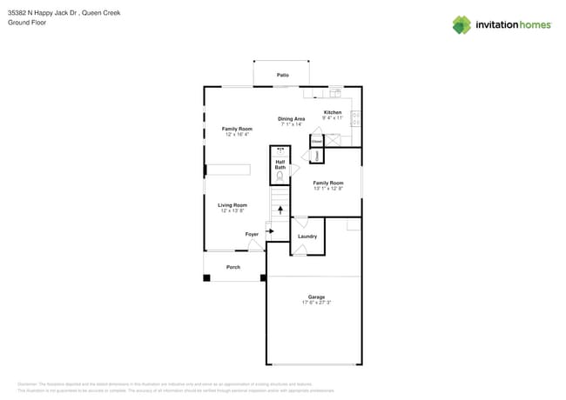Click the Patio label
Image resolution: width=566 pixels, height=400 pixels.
coord(282,76)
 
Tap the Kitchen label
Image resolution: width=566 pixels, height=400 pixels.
coord(333,112)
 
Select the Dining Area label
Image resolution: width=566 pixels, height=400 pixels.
coord(291,118)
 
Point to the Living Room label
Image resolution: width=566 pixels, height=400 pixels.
coord(232,205)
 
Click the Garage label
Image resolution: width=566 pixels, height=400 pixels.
coord(315,297)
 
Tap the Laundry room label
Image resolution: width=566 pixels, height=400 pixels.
coord(307,236)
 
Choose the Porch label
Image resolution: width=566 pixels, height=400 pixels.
coord(232,267)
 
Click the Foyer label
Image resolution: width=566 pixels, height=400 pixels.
coord(251,234)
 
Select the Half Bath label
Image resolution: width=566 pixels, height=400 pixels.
coord(280,164)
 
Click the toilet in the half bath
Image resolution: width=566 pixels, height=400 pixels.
coord(280,176)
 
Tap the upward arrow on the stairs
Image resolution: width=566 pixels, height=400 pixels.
coord(280,210)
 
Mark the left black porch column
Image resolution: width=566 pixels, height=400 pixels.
coord(206,278)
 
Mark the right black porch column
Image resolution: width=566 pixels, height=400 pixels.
coord(263,278)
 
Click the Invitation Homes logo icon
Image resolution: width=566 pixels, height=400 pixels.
coord(461,24)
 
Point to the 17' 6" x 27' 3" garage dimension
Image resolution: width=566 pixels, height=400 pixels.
coord(315,303)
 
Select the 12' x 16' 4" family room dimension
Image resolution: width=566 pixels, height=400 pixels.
coord(236,134)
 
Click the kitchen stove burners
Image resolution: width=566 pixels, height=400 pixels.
coord(355,118)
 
